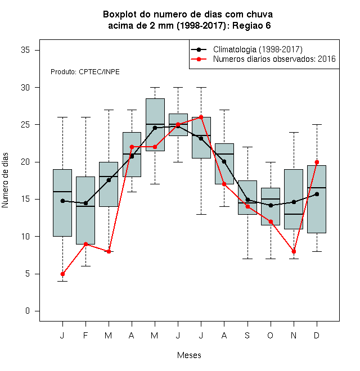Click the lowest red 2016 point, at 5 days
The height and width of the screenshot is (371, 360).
tap(62, 274)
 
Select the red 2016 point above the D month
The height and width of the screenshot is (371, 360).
tap(317, 162)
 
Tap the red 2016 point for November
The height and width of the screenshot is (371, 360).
tap(294, 251)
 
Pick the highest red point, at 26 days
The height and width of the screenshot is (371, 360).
tap(201, 117)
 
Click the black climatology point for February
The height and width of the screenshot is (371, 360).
tap(85, 203)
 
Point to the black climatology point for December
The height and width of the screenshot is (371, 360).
tap(317, 194)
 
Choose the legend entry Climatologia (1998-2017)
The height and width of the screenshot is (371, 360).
tap(247, 49)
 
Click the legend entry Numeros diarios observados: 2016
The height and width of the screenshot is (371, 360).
tap(263, 59)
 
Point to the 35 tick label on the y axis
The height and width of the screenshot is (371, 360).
tap(25, 50)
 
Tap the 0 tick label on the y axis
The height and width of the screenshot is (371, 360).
tap(28, 311)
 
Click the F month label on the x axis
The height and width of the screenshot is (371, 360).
tap(85, 335)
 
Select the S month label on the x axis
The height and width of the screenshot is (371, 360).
tap(247, 335)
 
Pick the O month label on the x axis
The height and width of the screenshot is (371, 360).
tap(270, 335)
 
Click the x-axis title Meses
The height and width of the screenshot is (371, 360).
tap(189, 355)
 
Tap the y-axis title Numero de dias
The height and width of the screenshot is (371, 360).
tap(5, 180)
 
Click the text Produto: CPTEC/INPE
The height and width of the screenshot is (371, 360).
tap(85, 72)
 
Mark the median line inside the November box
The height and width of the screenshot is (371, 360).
tap(294, 214)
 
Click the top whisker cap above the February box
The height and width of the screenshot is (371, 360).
tap(85, 117)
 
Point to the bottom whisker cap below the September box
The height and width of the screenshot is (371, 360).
tap(247, 259)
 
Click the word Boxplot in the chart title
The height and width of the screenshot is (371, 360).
tap(120, 15)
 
